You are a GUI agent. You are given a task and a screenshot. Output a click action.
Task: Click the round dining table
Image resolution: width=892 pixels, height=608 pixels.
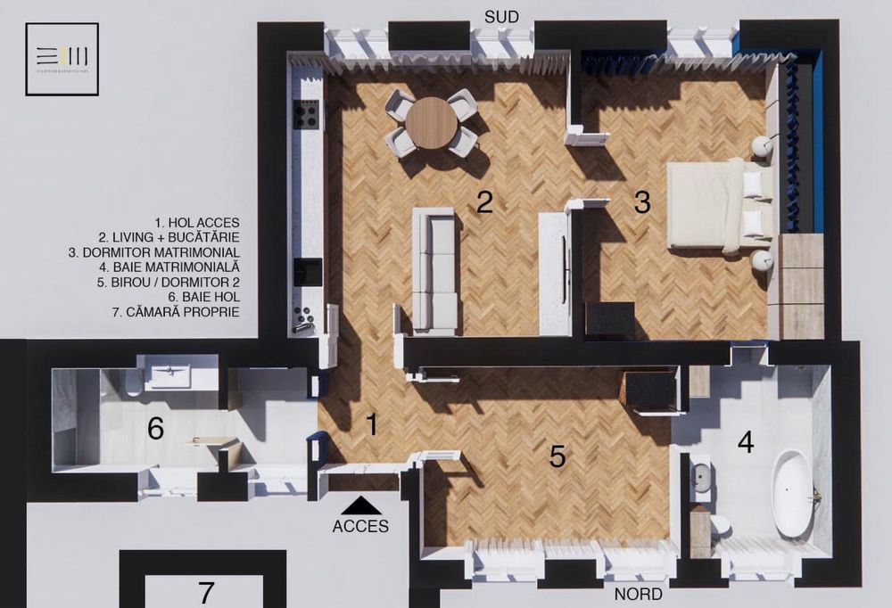(x=433, y=122)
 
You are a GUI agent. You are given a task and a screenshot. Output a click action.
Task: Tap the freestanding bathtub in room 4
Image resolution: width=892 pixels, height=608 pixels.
(x=792, y=493)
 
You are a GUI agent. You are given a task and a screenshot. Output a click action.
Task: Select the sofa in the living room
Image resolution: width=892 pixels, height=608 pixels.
(x=435, y=270)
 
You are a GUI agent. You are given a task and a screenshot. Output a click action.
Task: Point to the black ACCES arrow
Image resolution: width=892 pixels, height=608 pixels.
(x=360, y=506)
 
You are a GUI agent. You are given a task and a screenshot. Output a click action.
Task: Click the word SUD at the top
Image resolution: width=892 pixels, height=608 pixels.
(x=501, y=17)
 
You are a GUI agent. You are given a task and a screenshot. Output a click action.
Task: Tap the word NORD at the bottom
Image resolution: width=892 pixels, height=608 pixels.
(x=638, y=594)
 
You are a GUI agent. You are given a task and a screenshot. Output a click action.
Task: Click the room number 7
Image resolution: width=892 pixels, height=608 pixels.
(x=206, y=592)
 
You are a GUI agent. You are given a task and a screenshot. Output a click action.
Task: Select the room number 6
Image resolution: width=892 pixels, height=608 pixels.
(x=155, y=429)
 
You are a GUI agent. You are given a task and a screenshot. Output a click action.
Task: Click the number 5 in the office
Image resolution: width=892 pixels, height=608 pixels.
(x=557, y=456)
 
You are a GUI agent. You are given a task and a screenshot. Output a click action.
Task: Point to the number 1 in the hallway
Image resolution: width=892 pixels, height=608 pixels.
(x=371, y=425)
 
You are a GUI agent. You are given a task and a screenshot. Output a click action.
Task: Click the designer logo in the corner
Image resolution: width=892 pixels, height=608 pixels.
(x=62, y=59)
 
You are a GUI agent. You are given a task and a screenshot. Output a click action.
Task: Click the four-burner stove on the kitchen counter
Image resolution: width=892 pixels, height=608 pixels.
(x=307, y=114)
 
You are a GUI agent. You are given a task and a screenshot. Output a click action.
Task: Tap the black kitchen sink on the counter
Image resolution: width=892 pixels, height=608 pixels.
(x=308, y=271)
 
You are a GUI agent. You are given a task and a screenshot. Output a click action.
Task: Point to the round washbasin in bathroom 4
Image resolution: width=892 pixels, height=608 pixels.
(x=701, y=476)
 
